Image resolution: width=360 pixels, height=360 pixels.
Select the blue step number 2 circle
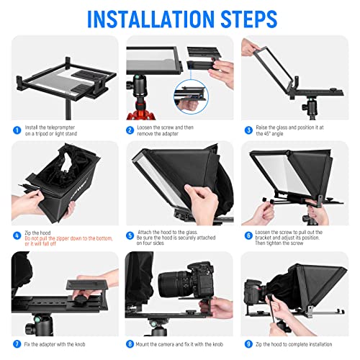pos(130,131)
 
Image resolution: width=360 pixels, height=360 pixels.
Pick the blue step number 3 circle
pos(248,131)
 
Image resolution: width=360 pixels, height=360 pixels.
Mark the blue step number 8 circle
pos(130,344)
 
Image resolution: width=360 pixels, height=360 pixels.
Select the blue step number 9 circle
pos(248,344)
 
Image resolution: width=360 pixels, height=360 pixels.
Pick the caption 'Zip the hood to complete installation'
pos(302,344)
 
